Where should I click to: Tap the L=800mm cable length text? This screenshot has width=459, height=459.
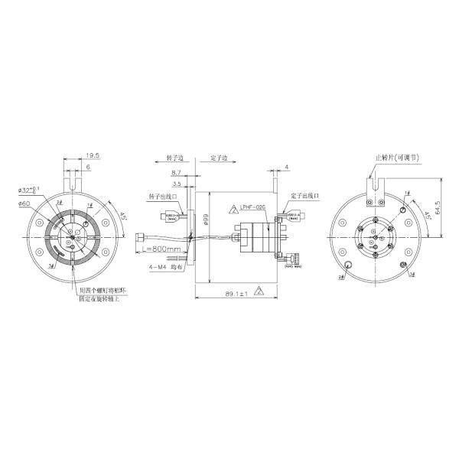162,250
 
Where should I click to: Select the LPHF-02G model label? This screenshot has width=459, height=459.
252,207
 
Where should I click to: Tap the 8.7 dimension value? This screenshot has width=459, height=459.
177,174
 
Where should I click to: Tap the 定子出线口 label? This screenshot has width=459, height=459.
303,196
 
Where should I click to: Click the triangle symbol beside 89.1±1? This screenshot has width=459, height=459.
259,291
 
